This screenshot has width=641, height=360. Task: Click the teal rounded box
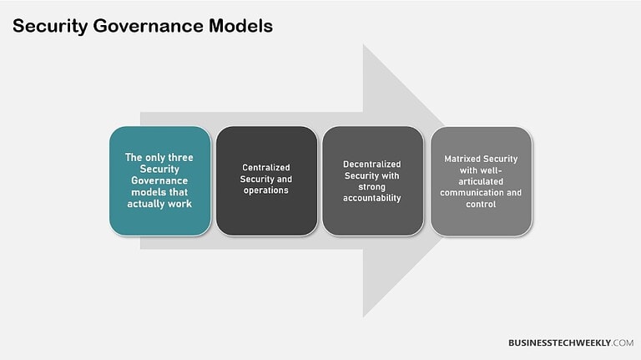coord(159,180)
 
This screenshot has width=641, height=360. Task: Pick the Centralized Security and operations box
coord(266,180)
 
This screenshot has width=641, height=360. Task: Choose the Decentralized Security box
coord(372,180)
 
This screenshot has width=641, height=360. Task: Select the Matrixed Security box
coord(481,180)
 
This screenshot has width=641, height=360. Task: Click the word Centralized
coord(266,167)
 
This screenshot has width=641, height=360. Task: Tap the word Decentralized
coord(372,164)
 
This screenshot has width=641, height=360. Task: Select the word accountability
coord(372,198)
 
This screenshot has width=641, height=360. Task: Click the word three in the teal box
coord(181,156)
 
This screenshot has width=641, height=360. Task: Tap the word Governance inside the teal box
coord(159,180)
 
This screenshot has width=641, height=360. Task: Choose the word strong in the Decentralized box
coord(372,186)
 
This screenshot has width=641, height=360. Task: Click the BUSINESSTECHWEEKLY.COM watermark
coord(570,342)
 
